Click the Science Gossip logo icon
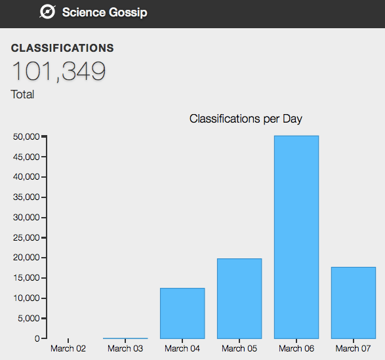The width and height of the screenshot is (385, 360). (47, 12)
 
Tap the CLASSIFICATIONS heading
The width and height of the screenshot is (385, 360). (62, 49)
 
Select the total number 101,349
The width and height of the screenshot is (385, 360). (58, 71)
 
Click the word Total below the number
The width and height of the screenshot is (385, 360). (22, 94)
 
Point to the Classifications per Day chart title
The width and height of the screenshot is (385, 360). (245, 119)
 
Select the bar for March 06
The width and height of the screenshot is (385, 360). (296, 237)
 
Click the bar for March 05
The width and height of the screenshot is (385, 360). (239, 298)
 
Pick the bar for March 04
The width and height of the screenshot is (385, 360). (182, 313)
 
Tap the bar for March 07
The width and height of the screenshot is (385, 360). (354, 302)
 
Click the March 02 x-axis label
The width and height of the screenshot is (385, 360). (68, 348)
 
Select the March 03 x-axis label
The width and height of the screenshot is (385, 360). (125, 348)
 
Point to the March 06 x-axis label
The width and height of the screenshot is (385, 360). (296, 348)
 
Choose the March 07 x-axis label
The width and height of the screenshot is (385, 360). (354, 348)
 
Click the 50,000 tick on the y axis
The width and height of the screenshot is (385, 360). (26, 136)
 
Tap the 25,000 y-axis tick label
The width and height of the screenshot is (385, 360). (26, 237)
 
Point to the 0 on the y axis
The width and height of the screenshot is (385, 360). (37, 338)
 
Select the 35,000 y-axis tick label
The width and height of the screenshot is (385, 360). (26, 197)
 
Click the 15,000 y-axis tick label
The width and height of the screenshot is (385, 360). (26, 278)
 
